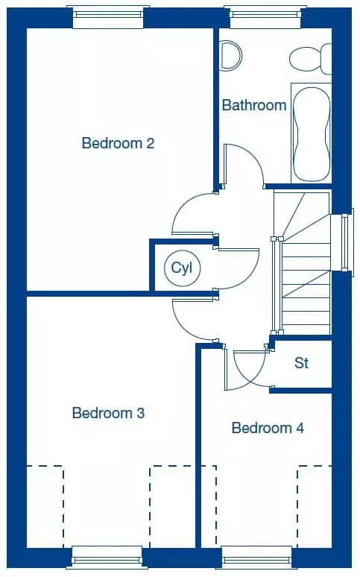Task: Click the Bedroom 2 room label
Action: point(118,143)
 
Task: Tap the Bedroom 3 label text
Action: point(108,413)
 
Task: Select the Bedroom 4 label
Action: point(268,428)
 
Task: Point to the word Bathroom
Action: point(254,105)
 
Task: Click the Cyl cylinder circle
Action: point(182,268)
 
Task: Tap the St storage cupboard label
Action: point(301,363)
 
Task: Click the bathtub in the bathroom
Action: point(312,133)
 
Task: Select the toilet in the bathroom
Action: point(310,59)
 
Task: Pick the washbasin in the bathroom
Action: point(231,55)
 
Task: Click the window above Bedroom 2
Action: point(108,16)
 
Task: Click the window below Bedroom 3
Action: point(107,558)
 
